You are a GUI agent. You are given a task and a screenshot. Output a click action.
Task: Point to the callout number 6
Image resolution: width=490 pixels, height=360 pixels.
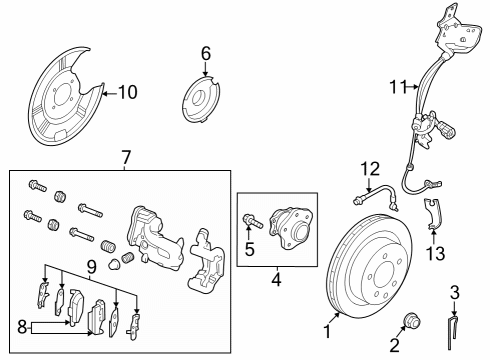(206, 52)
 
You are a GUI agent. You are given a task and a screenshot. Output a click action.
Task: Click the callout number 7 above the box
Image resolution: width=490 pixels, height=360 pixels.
(126, 157)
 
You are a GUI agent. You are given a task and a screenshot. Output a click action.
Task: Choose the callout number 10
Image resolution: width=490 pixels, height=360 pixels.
(127, 93)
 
